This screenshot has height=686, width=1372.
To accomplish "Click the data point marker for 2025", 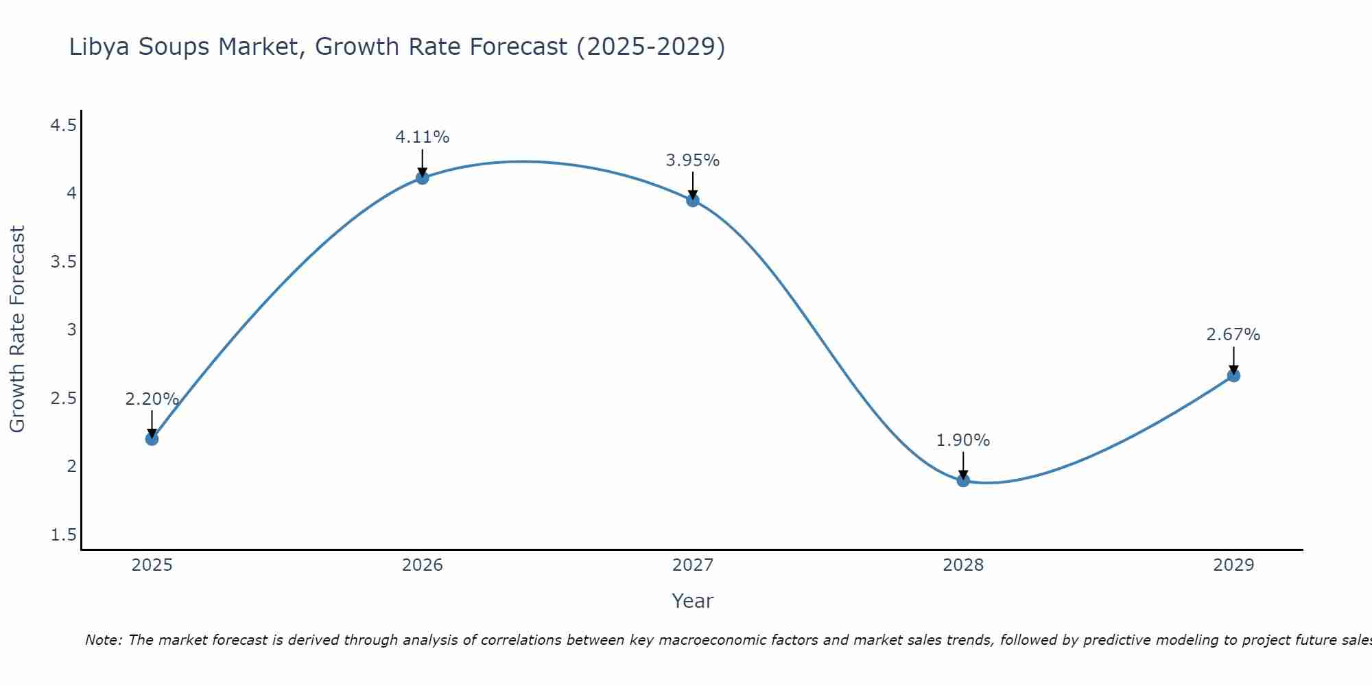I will point(152,438).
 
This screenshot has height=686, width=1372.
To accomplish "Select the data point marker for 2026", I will point(423,178).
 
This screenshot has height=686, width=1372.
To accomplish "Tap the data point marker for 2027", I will point(693,200).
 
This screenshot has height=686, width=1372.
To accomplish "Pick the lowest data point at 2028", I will point(963,480).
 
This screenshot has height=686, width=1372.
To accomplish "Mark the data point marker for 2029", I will point(1233,375).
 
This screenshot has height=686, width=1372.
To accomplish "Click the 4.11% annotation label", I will point(422,137).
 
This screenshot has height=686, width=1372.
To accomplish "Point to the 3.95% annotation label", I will point(692,161).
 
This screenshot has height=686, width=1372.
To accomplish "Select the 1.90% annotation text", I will point(962,440).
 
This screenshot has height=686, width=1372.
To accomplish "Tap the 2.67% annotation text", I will point(1233,335).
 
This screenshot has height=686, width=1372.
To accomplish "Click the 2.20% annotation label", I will point(152,399).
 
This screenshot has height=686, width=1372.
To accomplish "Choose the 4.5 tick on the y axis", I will point(63,126).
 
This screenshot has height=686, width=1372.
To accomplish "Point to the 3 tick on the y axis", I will point(71,330).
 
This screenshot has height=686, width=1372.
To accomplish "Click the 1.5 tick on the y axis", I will point(63,535).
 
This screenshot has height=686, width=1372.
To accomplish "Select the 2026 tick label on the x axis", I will point(423,565).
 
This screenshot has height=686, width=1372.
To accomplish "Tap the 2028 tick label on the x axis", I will point(963,565).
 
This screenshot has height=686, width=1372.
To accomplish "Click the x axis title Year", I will point(692,601).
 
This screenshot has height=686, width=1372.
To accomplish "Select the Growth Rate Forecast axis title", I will point(17,329).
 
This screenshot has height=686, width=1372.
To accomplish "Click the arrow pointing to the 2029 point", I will point(1233,360).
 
